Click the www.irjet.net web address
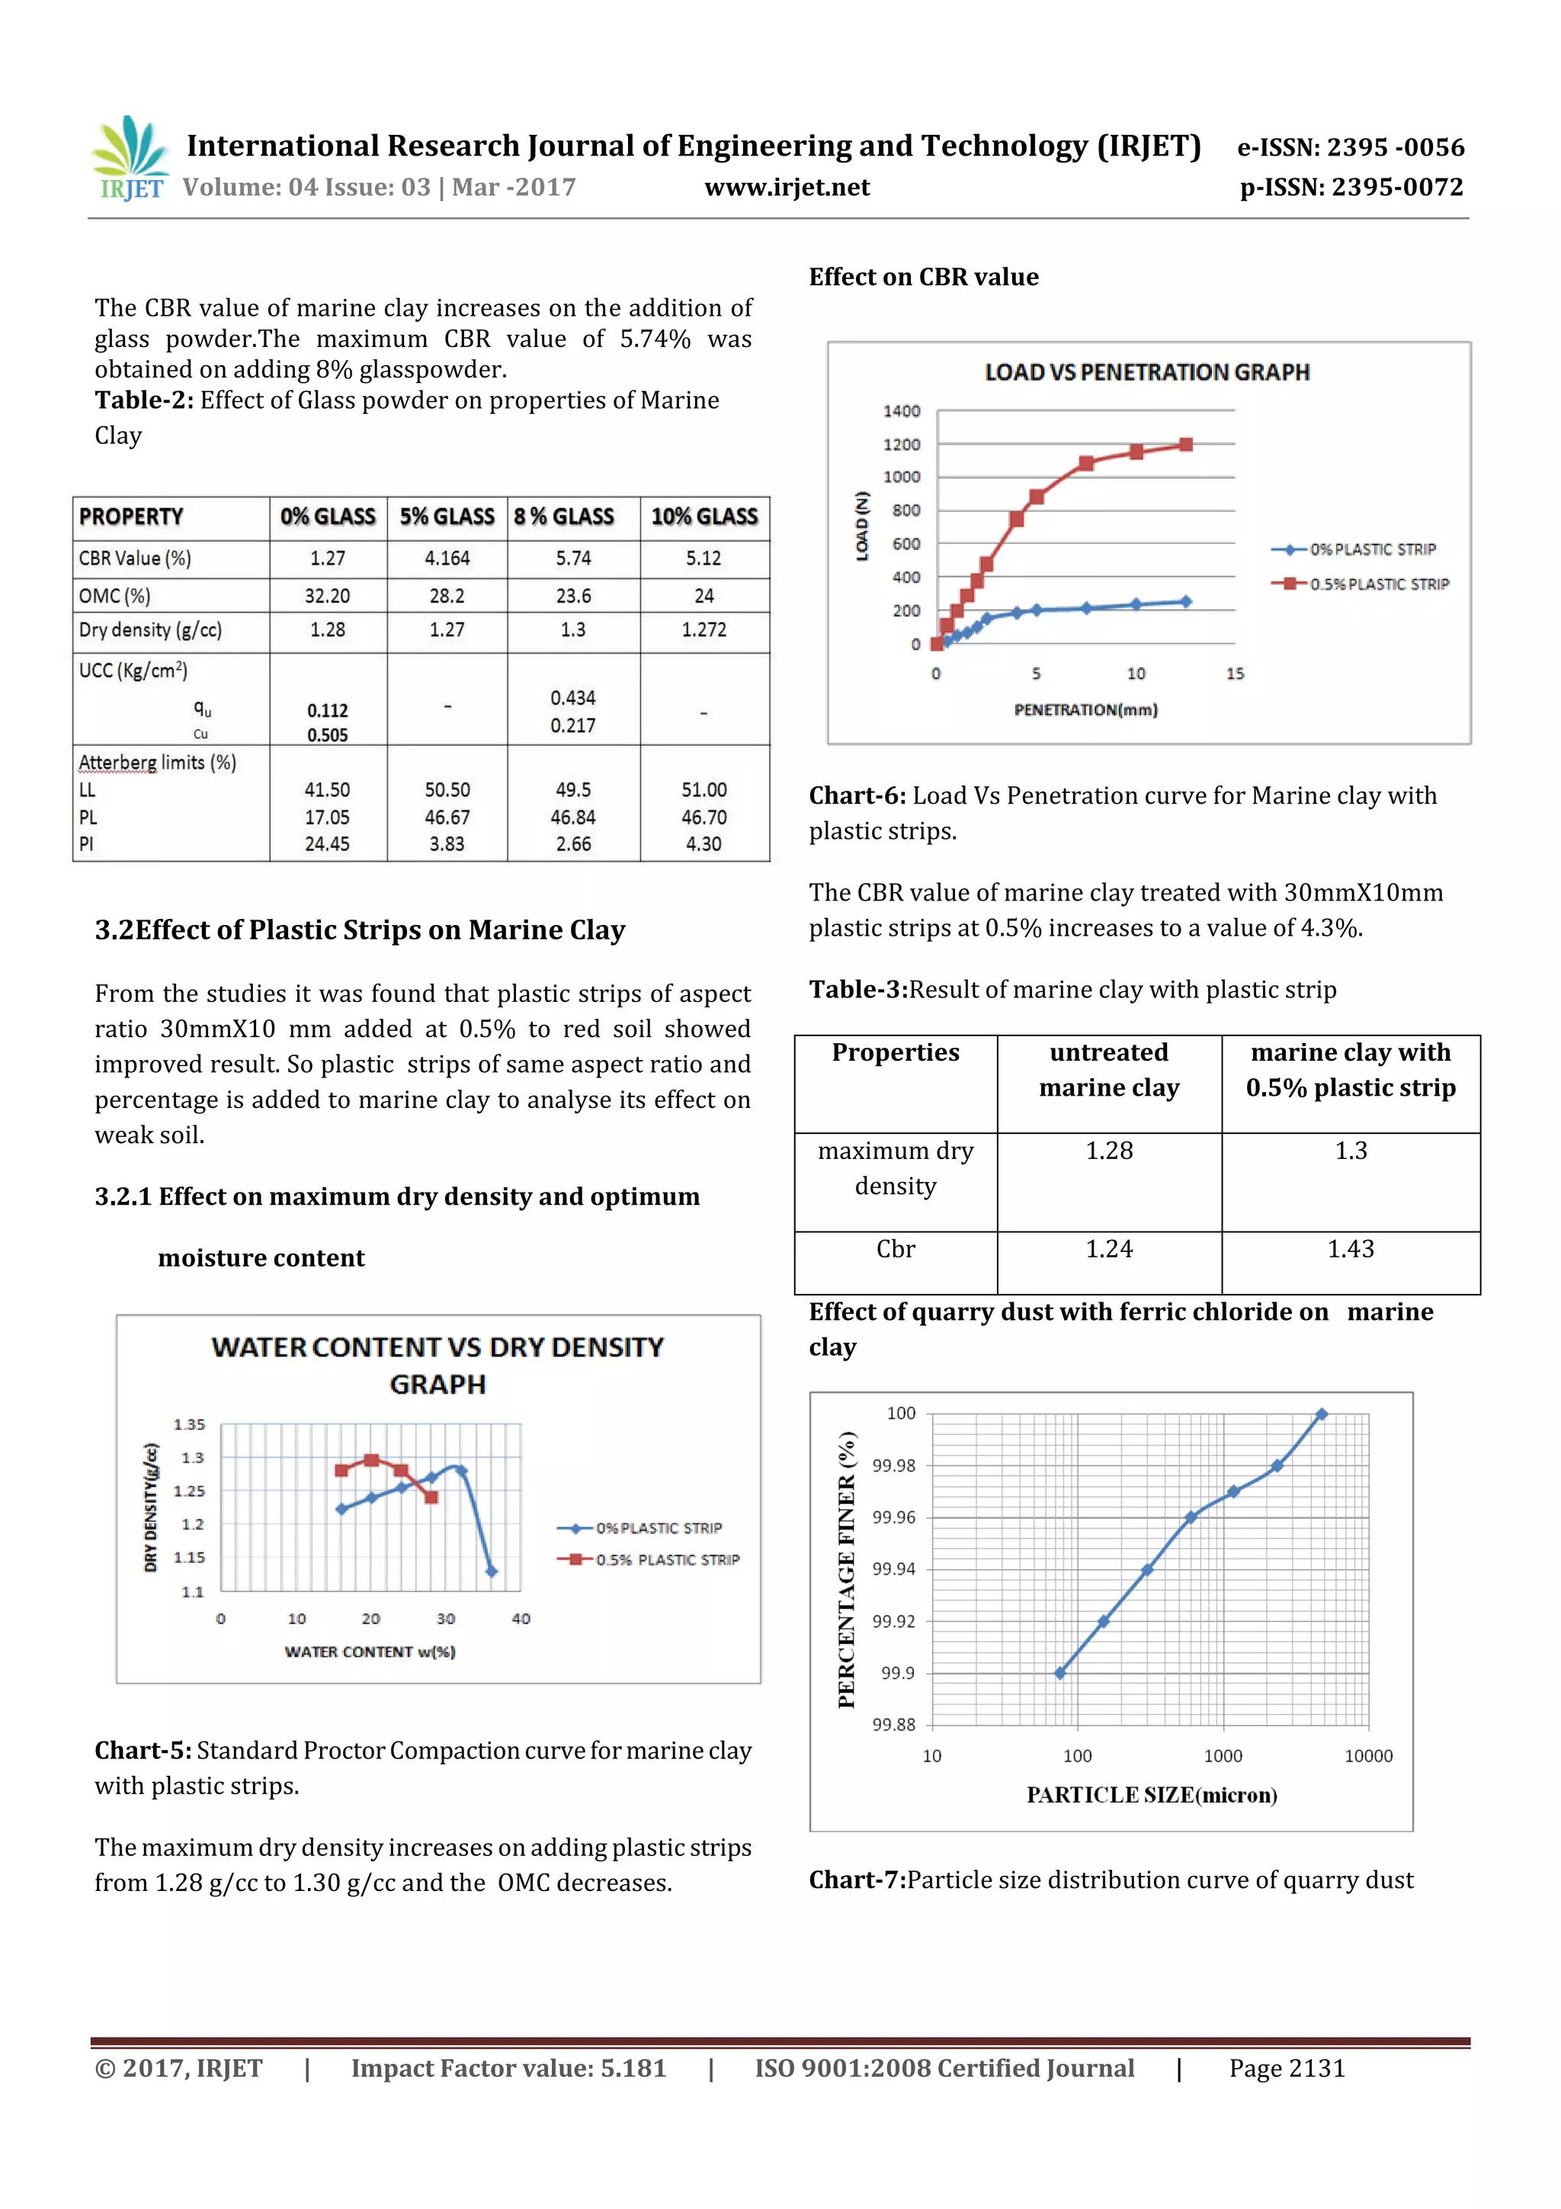click(787, 188)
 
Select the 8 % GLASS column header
click(563, 518)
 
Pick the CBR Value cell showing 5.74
click(573, 559)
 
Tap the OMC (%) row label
click(114, 596)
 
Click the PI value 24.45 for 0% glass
click(327, 845)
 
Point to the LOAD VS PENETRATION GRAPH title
click(1146, 372)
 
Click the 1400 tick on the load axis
click(901, 412)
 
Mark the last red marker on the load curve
click(1186, 445)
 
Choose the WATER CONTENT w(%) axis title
click(370, 1652)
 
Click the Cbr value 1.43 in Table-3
click(1351, 1249)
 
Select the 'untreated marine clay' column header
click(1109, 1070)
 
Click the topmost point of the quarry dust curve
click(1322, 1414)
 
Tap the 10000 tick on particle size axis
click(1367, 1756)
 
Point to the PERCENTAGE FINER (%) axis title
click(846, 1570)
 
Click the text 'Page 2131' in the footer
click(1287, 2069)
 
